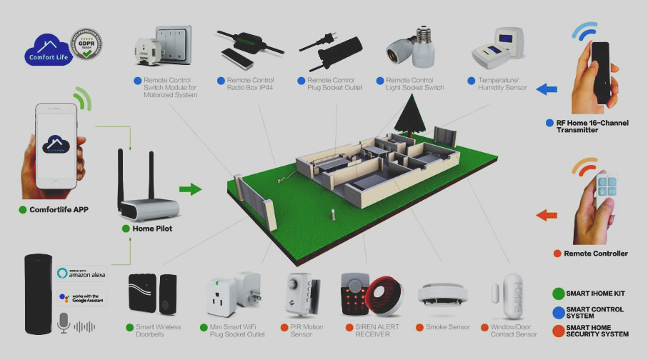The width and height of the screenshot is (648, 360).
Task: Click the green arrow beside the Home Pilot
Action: (190, 189)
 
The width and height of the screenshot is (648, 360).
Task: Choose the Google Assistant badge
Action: (82, 297)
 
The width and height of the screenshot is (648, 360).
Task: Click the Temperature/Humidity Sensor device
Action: (498, 46)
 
